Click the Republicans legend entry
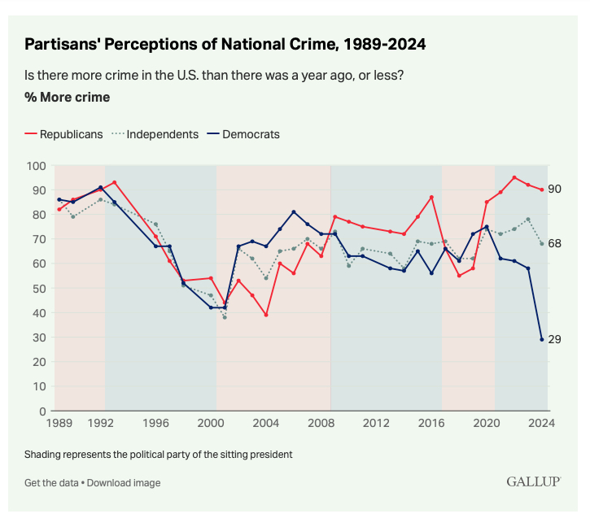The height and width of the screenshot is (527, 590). (64, 134)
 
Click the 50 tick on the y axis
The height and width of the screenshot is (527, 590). (37, 289)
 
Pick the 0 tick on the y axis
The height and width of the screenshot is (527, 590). (41, 411)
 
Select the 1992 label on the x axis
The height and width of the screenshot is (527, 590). (101, 424)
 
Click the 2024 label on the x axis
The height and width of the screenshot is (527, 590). (540, 424)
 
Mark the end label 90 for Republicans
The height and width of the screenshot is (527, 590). (555, 189)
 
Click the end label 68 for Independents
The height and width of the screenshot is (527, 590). (555, 244)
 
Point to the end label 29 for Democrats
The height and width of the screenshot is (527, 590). (555, 339)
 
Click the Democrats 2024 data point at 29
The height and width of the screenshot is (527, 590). (541, 339)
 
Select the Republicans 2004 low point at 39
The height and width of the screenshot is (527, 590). (266, 315)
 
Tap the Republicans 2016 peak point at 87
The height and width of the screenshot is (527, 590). (431, 198)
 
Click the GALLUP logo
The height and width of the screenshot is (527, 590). (533, 481)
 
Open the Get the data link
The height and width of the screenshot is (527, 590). (50, 483)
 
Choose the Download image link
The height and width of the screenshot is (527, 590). (124, 483)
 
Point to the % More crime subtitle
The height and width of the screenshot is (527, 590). (67, 98)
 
